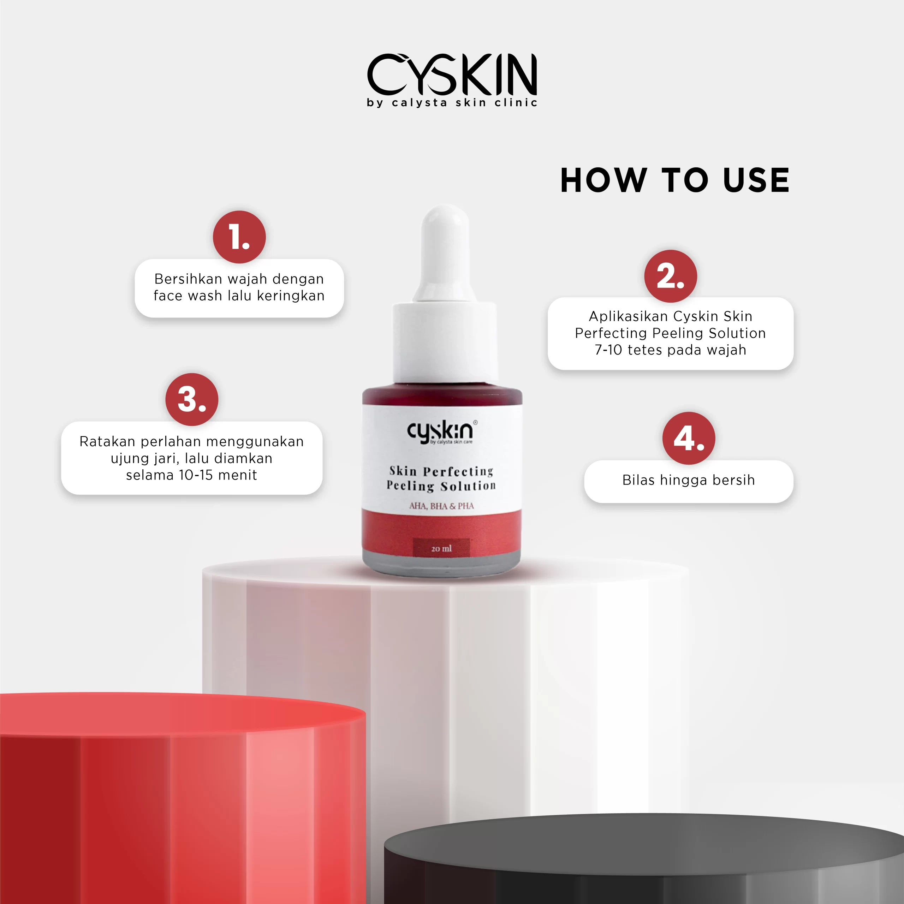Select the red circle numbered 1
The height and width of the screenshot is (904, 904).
pos(239,237)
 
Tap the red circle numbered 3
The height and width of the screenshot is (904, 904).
pos(191,399)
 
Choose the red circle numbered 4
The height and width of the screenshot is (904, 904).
pos(688,439)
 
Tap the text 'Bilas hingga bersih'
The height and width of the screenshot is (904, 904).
pos(688,480)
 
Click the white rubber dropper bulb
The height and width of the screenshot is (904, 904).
pos(445,248)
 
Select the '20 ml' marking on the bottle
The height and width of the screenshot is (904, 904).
pos(441,548)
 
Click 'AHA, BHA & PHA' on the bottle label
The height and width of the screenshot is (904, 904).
pos(441,506)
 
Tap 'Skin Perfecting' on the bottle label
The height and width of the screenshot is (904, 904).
pos(441,471)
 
